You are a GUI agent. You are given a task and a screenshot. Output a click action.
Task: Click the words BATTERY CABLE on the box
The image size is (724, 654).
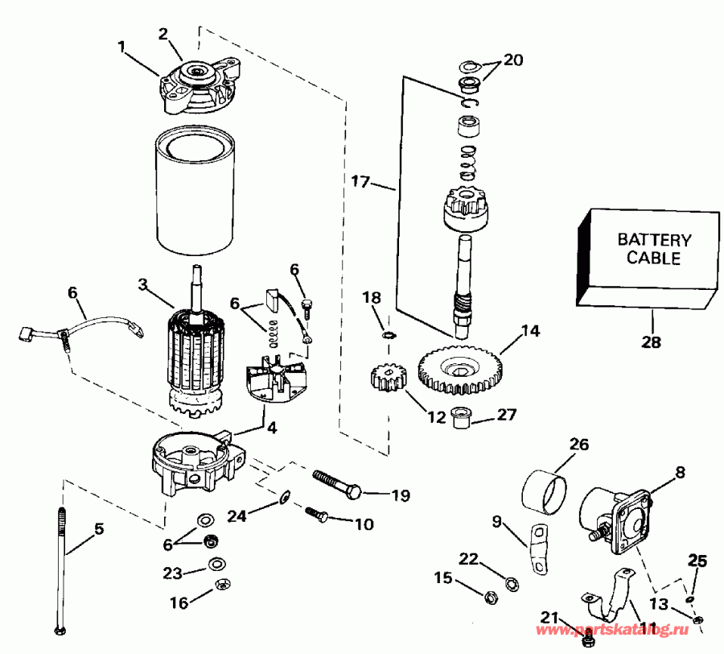[x=654, y=249]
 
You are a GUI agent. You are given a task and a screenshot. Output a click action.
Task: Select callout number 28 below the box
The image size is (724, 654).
[x=651, y=341]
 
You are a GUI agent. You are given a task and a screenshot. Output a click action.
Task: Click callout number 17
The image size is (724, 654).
[x=361, y=183]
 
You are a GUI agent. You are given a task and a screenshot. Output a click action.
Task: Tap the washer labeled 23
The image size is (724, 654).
[x=216, y=564]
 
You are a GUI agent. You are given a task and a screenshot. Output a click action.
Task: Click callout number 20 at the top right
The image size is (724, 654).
[x=512, y=60]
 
